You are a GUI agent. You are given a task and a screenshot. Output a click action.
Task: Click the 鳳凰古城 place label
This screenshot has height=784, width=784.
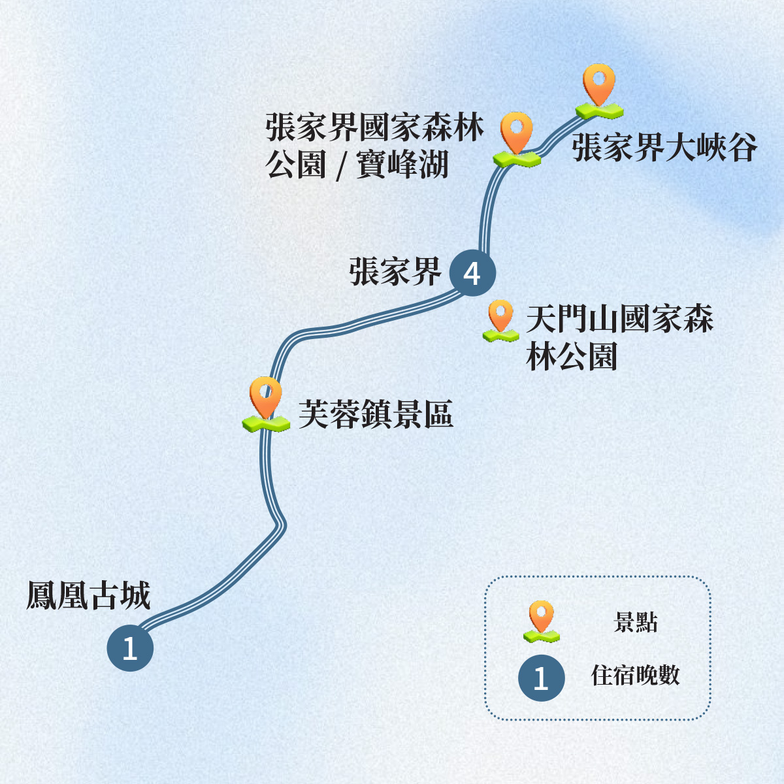[89, 595]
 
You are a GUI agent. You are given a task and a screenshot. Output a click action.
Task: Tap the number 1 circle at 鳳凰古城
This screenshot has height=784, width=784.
[130, 648]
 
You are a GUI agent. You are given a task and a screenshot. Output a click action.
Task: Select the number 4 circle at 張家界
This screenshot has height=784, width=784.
[472, 273]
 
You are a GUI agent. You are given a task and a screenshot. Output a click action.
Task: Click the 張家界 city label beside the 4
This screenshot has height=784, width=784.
[395, 271]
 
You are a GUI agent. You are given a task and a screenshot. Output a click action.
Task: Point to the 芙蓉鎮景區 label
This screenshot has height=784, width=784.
[376, 414]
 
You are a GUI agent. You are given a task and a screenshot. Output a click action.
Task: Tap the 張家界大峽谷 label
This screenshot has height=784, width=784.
[664, 148]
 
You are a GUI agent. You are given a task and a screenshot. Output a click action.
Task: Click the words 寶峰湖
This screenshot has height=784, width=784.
[402, 165]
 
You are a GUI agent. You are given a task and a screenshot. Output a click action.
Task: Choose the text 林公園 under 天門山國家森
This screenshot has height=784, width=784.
[572, 357]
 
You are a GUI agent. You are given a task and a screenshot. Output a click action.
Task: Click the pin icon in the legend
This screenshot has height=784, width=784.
[542, 621]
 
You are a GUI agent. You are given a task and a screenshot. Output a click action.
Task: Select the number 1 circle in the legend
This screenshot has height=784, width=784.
[542, 678]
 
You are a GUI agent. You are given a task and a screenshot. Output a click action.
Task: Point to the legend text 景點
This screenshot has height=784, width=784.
[636, 622]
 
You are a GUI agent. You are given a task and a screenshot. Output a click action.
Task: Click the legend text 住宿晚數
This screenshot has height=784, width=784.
[636, 675]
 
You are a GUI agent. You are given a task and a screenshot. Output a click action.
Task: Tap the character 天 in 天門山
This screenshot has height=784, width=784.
[542, 319]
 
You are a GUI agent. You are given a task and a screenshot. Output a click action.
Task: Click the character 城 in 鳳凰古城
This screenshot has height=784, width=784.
[135, 595]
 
